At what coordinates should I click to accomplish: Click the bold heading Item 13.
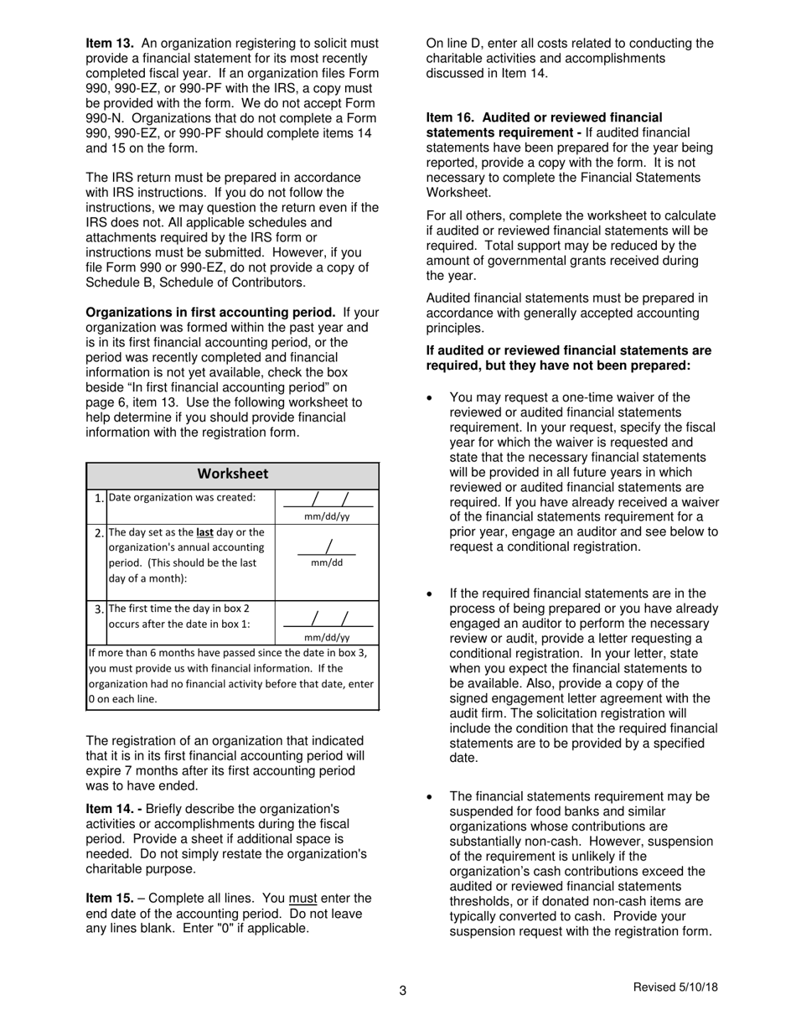tap(110, 43)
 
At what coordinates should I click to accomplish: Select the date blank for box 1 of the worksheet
tap(327, 501)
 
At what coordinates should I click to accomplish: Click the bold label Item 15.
tap(110, 899)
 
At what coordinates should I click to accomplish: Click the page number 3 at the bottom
tap(402, 992)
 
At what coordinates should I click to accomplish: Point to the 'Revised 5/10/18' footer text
tap(675, 987)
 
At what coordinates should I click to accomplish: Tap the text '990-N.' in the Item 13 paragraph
tap(105, 118)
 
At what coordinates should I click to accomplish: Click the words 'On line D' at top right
tap(454, 43)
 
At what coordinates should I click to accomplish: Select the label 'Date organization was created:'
tap(183, 498)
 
